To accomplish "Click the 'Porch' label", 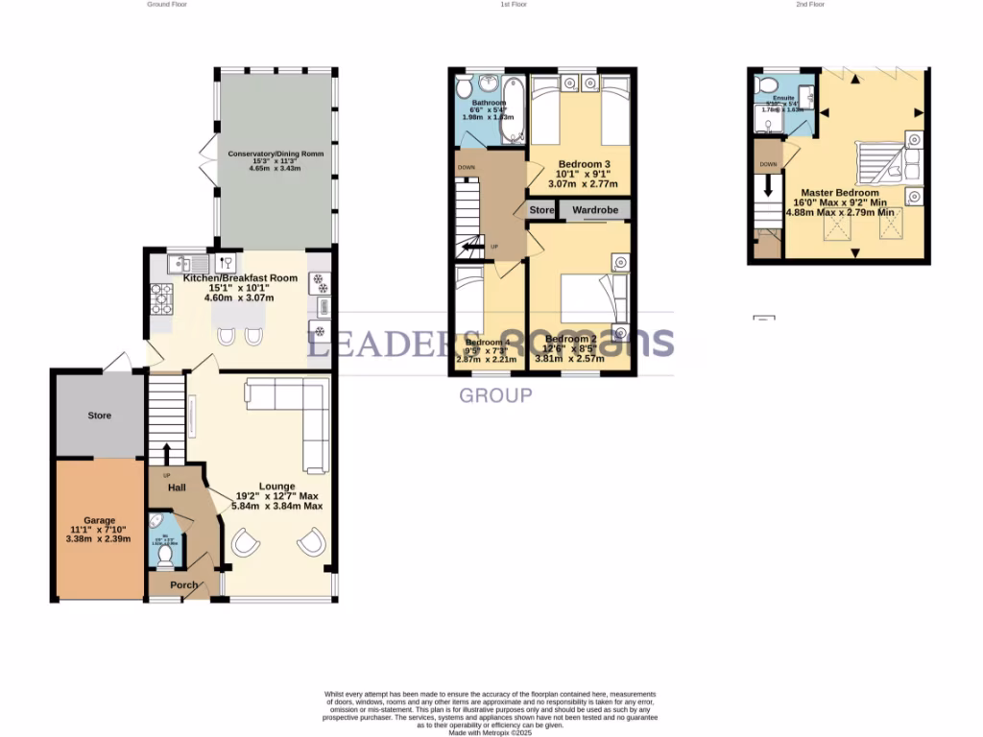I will point(183,585).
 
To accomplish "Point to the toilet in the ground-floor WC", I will point(166,555).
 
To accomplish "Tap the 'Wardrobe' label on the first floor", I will point(595,209).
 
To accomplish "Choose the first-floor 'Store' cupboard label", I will point(541,209).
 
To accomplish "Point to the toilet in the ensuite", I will point(769,87).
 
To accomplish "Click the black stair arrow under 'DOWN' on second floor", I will point(768,188).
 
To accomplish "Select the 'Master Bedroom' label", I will point(840,193).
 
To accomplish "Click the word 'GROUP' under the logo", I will point(495,395).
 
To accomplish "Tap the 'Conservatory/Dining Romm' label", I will point(275,154).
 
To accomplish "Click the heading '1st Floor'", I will point(514,5).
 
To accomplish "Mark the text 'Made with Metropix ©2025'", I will point(491,732).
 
